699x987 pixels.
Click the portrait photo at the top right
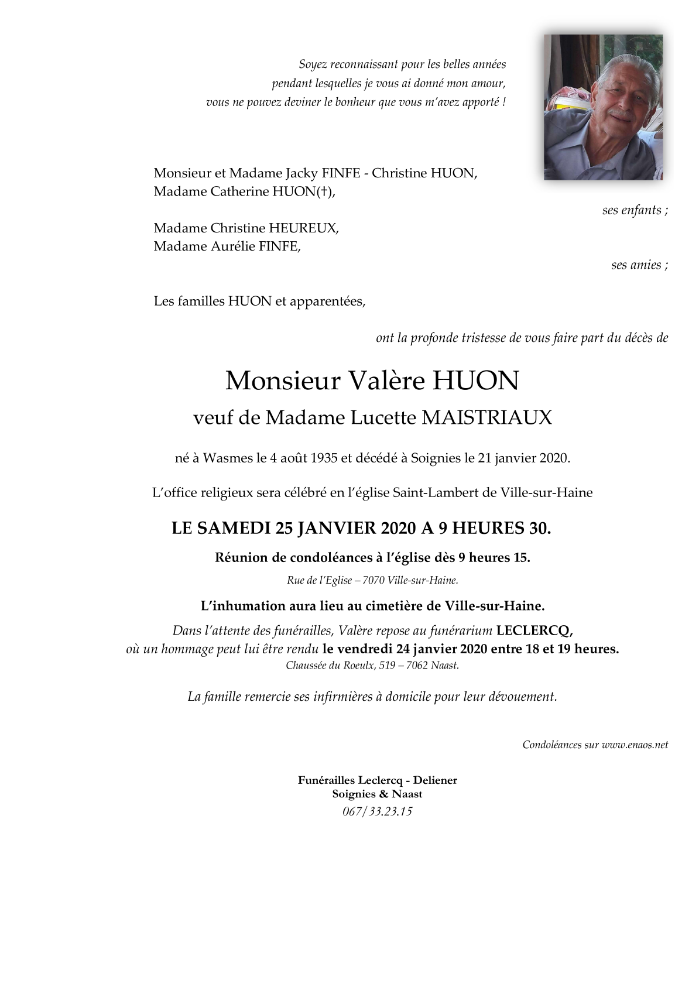pos(603,107)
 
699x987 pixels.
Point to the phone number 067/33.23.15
pos(378,811)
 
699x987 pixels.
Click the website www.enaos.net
pos(635,745)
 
